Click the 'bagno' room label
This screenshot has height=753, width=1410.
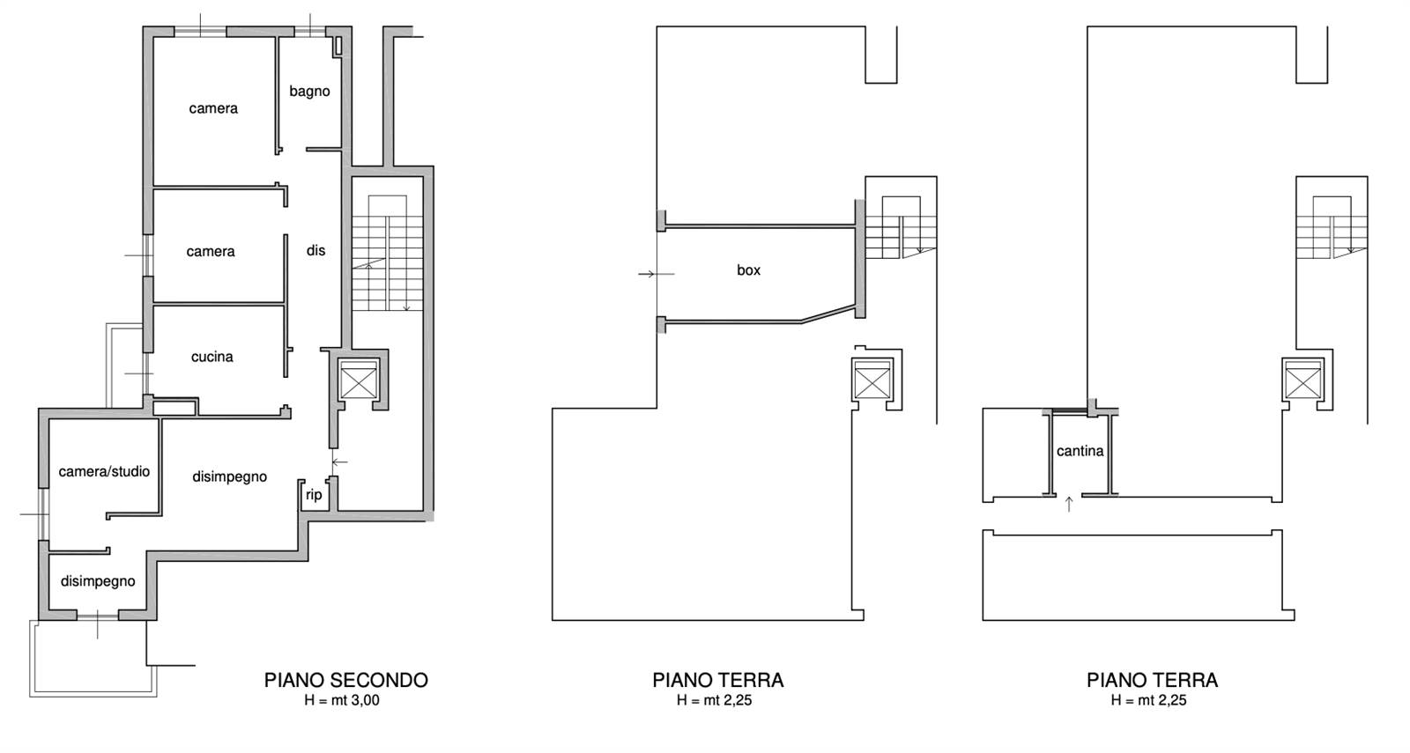(309, 92)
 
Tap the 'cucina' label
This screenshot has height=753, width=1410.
(212, 357)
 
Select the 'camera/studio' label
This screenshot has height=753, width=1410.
(104, 471)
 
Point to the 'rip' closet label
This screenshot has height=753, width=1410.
(314, 495)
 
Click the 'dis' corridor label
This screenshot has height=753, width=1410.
(316, 250)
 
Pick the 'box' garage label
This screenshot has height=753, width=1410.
(748, 269)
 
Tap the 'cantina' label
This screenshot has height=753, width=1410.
(1080, 451)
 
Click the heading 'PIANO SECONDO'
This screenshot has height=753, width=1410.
(346, 680)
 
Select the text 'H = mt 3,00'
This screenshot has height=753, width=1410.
(342, 700)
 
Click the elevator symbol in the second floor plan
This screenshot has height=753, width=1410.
(358, 380)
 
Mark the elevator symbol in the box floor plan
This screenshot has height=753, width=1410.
(872, 380)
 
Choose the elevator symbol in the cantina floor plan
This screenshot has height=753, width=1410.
(1303, 380)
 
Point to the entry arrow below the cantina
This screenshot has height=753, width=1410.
(1068, 504)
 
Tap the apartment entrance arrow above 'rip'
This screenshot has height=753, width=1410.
(339, 461)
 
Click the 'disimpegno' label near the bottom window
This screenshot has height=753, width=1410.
(98, 581)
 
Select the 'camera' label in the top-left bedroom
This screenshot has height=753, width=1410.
(213, 108)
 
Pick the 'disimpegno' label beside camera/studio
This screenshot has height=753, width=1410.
(229, 476)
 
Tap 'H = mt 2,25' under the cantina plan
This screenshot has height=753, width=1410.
(1148, 700)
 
